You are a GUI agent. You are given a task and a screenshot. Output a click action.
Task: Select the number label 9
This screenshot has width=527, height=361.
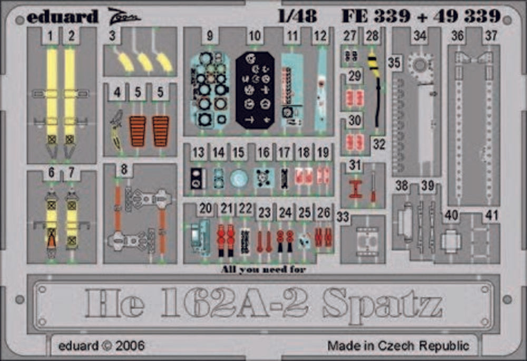tap(210, 36)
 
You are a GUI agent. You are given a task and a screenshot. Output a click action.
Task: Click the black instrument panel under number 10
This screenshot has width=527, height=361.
tap(255, 90)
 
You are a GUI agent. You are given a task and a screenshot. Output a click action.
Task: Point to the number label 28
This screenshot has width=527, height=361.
tap(372, 36)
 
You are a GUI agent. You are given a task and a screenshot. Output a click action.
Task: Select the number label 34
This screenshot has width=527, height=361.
tap(419, 36)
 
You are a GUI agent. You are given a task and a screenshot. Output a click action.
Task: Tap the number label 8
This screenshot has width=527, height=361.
tap(124, 170)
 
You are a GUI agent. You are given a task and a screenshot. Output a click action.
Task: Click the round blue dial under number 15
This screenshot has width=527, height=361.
tap(239, 178)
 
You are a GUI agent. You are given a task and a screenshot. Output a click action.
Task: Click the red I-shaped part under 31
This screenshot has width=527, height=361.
tap(356, 187)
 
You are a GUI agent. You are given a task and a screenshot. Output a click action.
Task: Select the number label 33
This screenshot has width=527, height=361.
tap(343, 217)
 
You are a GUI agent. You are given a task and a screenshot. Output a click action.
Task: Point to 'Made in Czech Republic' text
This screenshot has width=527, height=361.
tap(398, 346)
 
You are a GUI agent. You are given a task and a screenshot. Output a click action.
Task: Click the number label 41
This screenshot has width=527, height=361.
tap(492, 216)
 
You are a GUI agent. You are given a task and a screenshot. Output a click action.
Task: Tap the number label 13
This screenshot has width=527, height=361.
tap(198, 153)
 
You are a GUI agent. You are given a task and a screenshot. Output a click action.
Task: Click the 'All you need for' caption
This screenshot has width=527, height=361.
tap(263, 270)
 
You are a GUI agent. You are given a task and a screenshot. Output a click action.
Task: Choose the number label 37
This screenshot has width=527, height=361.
tap(491, 36)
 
